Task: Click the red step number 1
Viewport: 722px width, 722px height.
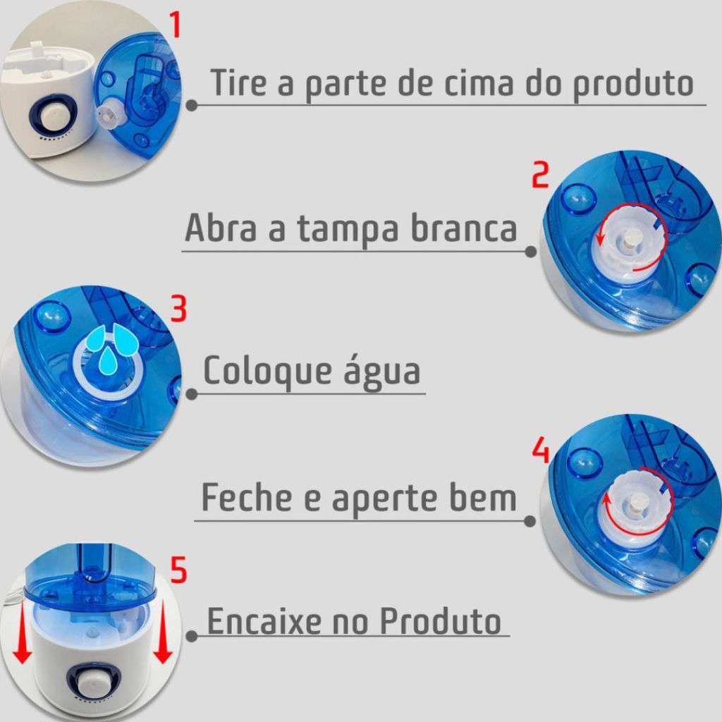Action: (x=175, y=25)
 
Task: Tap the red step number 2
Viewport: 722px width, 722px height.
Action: (x=541, y=175)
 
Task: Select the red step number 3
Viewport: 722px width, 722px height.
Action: (x=178, y=309)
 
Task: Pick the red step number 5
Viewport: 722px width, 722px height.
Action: (x=178, y=570)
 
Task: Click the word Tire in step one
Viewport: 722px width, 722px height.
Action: (x=238, y=82)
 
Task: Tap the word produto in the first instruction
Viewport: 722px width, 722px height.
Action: (x=633, y=86)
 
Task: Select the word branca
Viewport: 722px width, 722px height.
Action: (x=464, y=227)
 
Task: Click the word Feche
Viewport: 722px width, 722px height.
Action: (x=247, y=497)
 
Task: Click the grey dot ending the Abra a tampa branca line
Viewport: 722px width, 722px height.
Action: (x=530, y=252)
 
